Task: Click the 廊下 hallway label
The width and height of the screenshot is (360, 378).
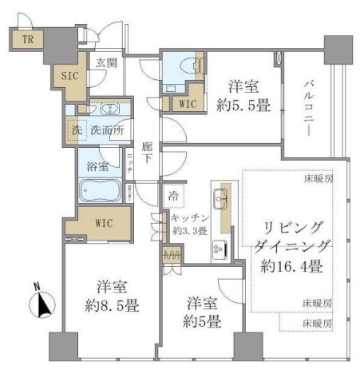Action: [x=148, y=153]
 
